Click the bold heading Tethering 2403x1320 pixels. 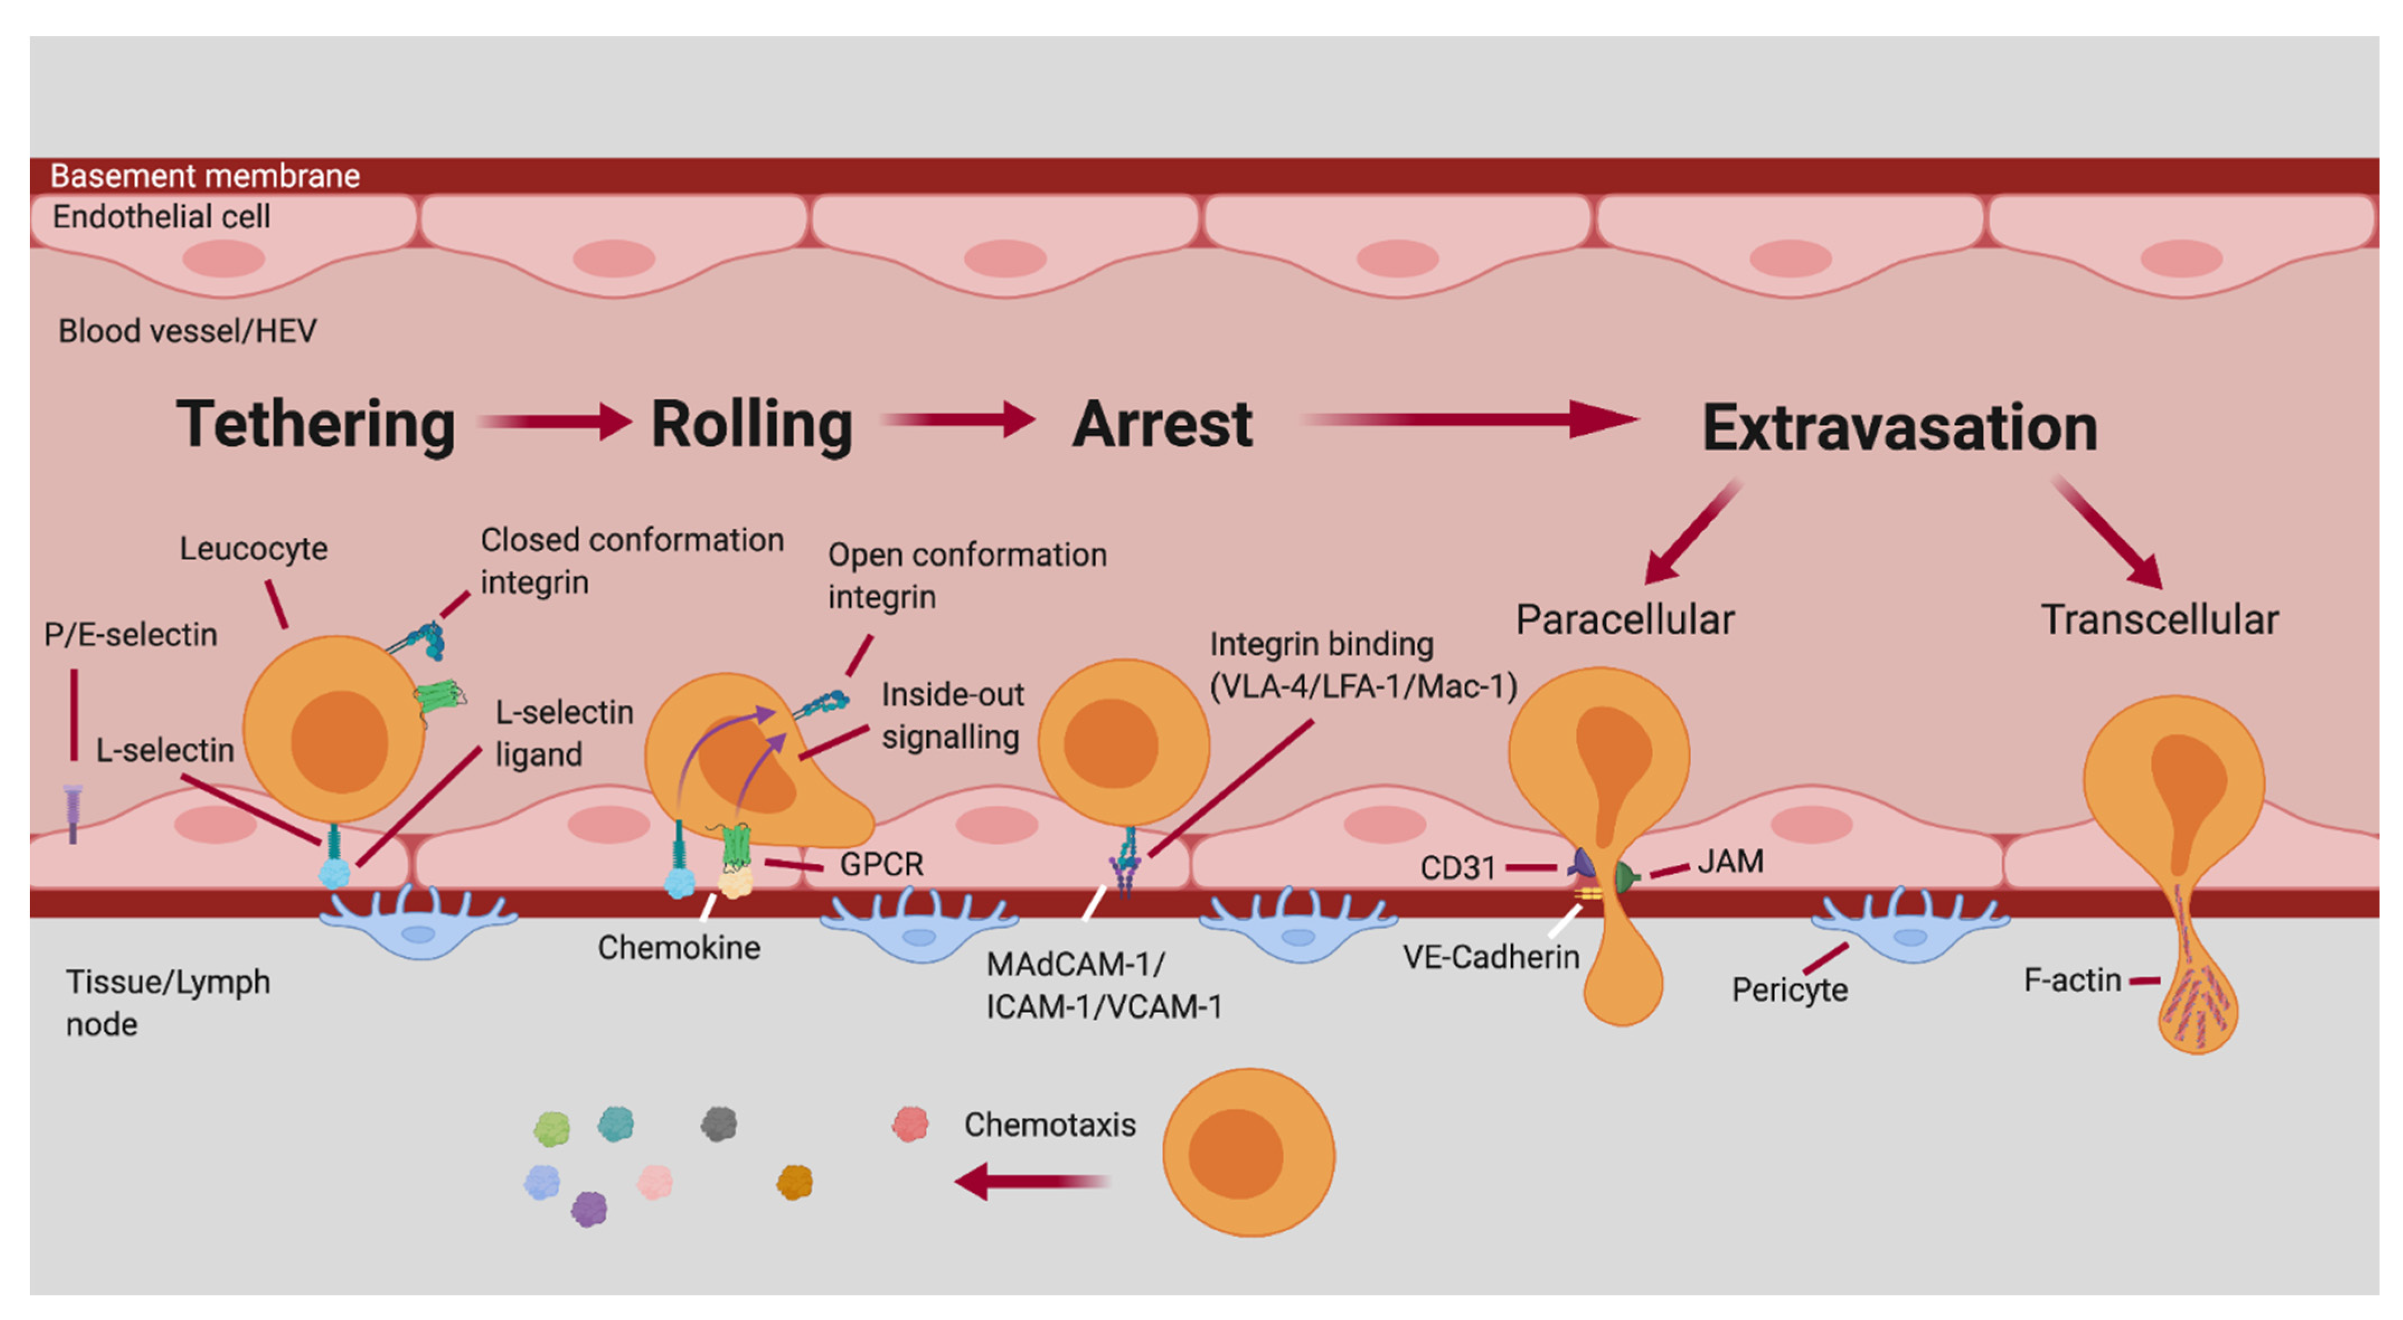tap(315, 424)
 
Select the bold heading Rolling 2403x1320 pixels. tap(751, 424)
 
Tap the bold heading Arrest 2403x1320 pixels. tap(1162, 424)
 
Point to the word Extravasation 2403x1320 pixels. tap(1899, 427)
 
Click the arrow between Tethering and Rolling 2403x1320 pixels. tap(556, 422)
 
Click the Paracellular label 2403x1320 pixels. tap(1624, 619)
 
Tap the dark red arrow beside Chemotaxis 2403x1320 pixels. tap(1031, 1181)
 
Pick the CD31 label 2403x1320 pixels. tap(1457, 868)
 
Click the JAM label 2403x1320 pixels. tap(1730, 860)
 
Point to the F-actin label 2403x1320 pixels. tap(2072, 980)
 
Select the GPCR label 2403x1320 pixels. tap(881, 864)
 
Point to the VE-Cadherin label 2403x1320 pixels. tap(1491, 956)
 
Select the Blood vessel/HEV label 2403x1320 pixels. tap(187, 331)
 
